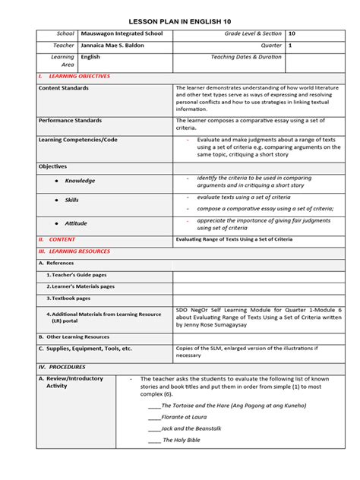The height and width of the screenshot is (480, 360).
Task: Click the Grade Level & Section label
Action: pyautogui.click(x=251, y=34)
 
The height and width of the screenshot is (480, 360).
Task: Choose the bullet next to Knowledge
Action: pyautogui.click(x=57, y=181)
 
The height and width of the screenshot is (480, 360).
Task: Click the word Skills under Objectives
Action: pyautogui.click(x=71, y=200)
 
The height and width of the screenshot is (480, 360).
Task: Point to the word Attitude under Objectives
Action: pyautogui.click(x=75, y=223)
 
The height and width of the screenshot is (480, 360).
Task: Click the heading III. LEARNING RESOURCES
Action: pyautogui.click(x=74, y=251)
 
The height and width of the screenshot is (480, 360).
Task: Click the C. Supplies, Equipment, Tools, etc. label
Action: pyautogui.click(x=85, y=349)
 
